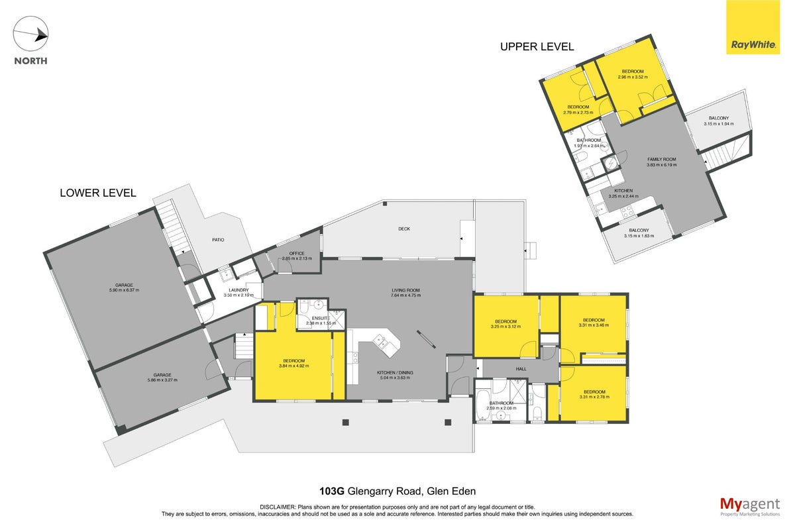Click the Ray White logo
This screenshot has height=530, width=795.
(x=753, y=27)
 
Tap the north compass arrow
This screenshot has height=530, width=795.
(x=31, y=34)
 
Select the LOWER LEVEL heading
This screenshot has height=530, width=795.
(x=98, y=193)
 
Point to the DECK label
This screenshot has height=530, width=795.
(x=404, y=229)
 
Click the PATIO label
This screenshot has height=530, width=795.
(x=218, y=240)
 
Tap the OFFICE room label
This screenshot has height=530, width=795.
(x=297, y=254)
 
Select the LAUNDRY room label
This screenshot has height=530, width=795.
(x=238, y=290)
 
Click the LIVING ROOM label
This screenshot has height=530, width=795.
(x=405, y=290)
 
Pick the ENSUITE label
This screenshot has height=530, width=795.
(x=321, y=318)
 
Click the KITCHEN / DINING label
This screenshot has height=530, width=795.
(x=395, y=373)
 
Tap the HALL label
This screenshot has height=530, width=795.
(x=521, y=369)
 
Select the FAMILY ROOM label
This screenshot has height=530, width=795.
(x=662, y=160)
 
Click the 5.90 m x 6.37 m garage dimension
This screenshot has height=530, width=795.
(x=125, y=290)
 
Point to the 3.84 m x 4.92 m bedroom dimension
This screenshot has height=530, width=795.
(x=294, y=366)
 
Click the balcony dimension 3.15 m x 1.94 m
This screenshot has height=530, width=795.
(x=719, y=124)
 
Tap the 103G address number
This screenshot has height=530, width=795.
(x=331, y=492)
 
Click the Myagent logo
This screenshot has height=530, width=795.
(x=750, y=507)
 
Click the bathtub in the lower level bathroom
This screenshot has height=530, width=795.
(x=482, y=404)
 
